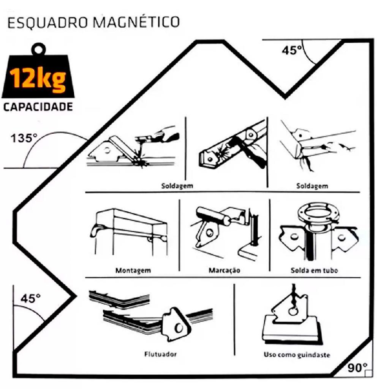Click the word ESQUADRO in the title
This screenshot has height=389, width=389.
(x=47, y=22)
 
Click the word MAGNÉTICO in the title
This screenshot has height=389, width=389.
(x=136, y=22)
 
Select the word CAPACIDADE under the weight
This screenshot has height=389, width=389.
(x=38, y=107)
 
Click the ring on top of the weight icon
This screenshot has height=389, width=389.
(x=38, y=49)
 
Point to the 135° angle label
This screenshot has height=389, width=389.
(x=24, y=138)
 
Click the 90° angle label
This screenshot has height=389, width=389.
(x=357, y=368)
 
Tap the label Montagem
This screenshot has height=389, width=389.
(x=133, y=270)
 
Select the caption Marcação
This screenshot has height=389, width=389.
(x=224, y=270)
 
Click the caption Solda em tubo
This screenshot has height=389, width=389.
(x=314, y=270)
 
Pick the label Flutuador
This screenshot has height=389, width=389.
(x=160, y=354)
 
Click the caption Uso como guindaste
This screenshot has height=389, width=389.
(x=297, y=355)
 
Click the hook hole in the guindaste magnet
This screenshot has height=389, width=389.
(x=293, y=311)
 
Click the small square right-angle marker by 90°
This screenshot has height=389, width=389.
(x=368, y=374)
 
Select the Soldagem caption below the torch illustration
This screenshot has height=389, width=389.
(x=177, y=185)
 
